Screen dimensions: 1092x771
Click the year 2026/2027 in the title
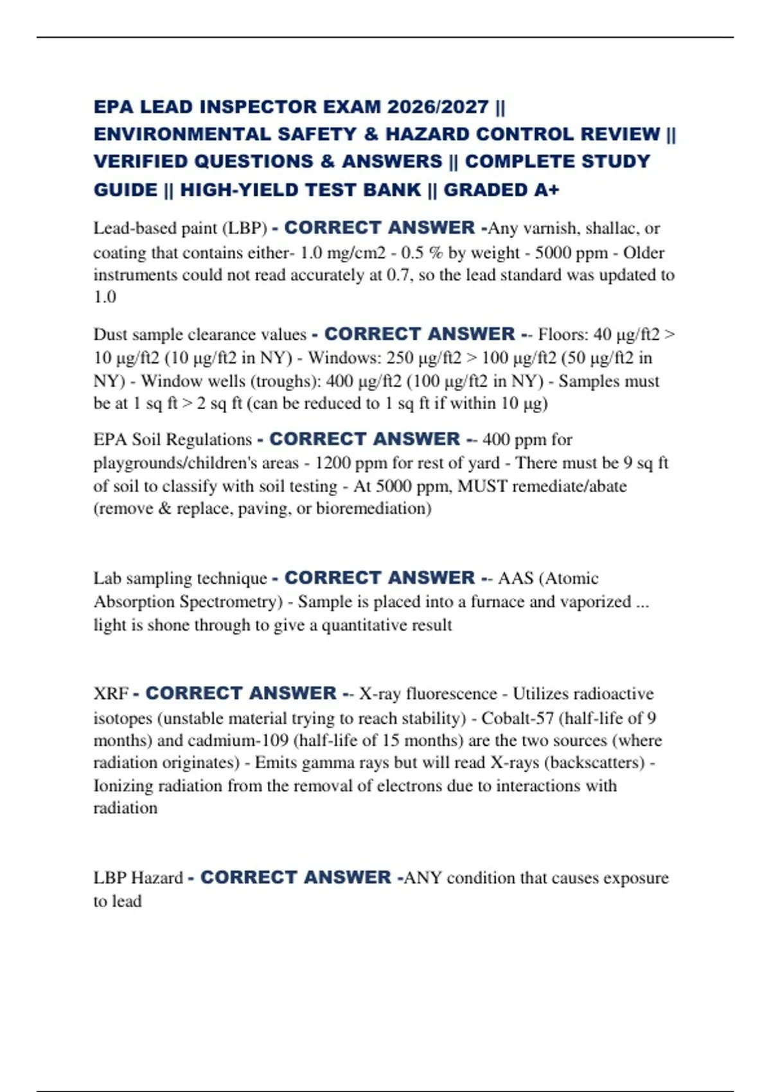pos(438,107)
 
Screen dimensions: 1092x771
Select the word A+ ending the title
pos(546,190)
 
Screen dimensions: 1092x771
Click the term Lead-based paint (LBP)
pos(180,228)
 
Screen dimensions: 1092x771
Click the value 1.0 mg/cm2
pos(342,252)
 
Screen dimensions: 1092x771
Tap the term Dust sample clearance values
pos(200,335)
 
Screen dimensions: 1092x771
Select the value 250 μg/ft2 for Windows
pos(424,358)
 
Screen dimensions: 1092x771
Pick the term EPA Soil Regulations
pos(172,439)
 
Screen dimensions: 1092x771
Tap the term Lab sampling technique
pos(180,578)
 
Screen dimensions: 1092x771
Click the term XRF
pos(111,694)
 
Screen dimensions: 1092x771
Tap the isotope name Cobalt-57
pos(517,718)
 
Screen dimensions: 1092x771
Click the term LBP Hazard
pos(138,878)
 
